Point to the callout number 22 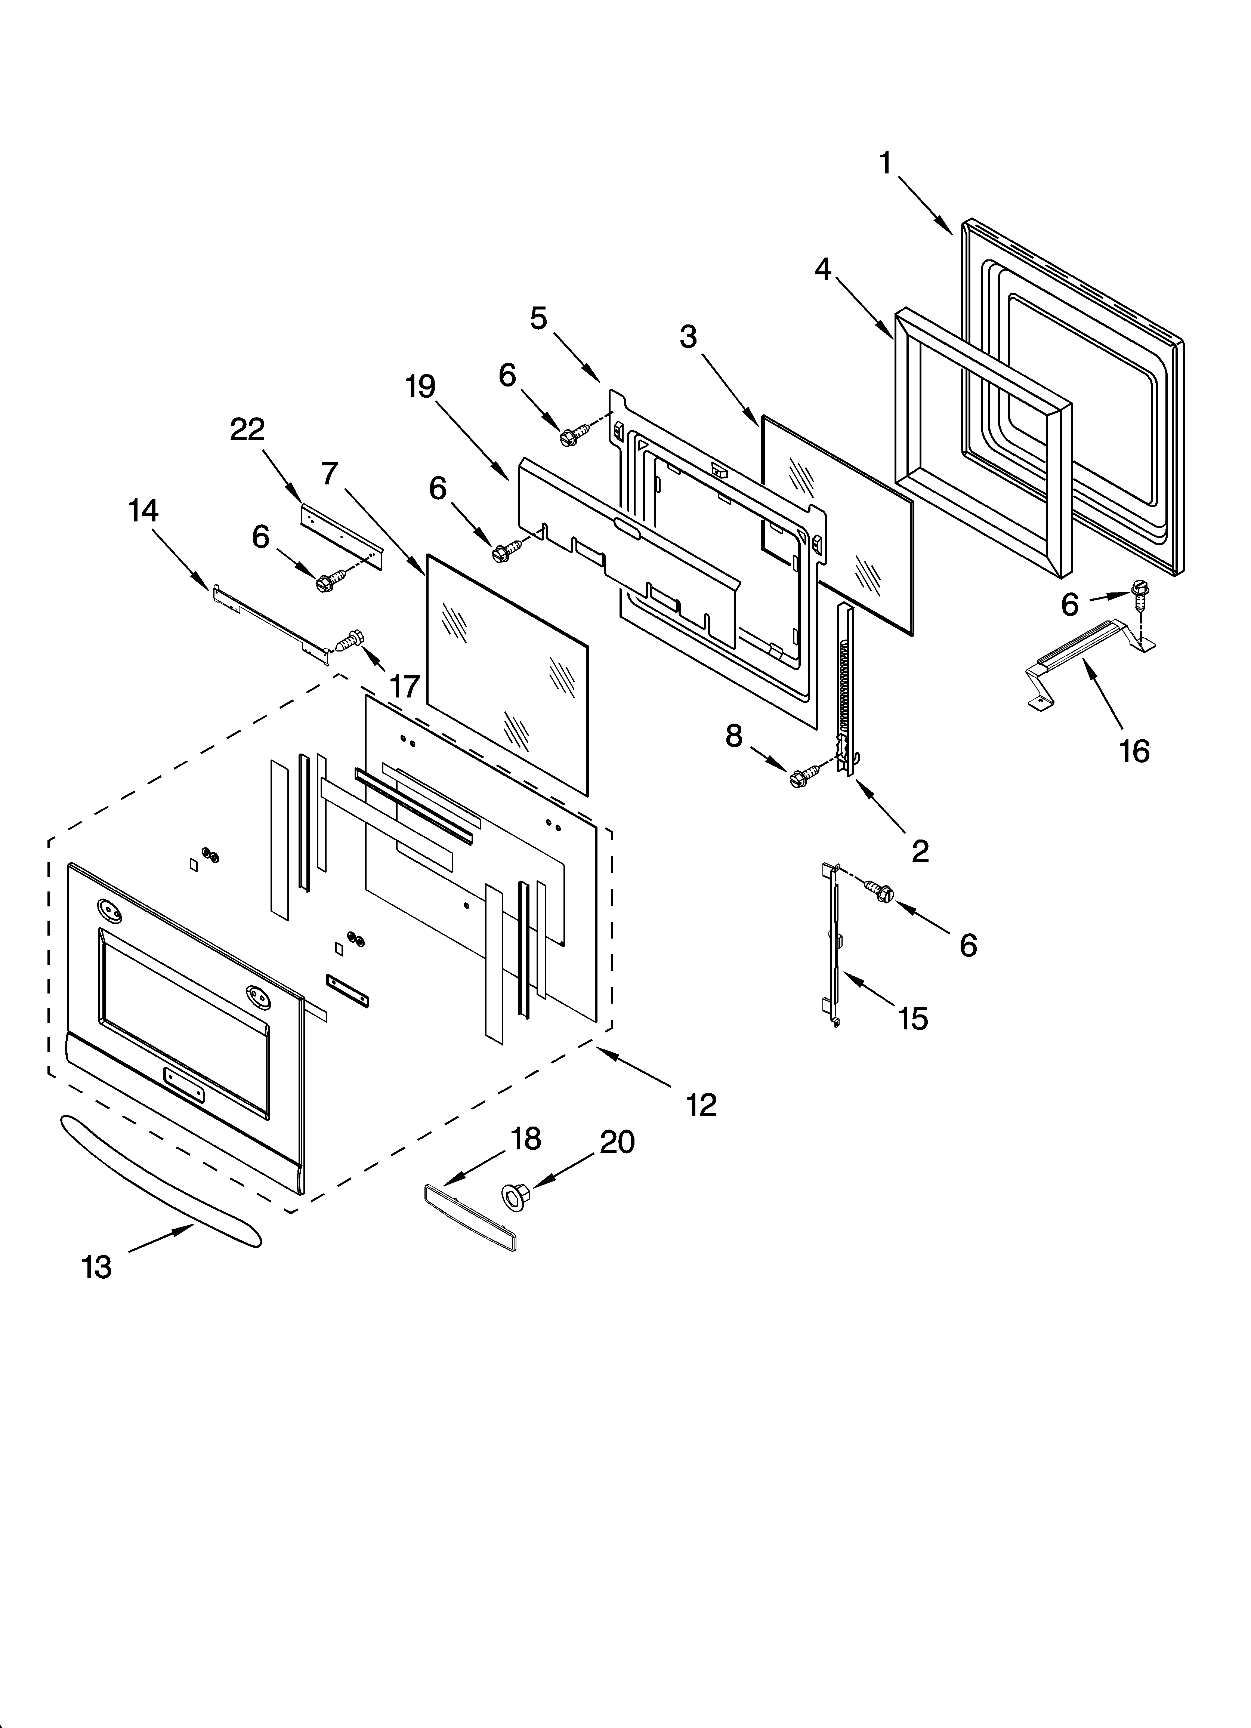point(248,430)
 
